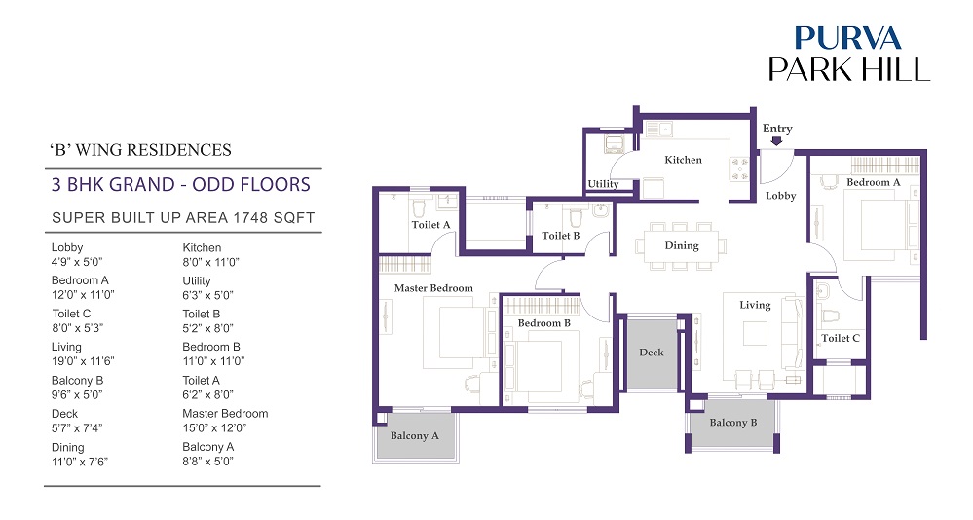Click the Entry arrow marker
[776, 141]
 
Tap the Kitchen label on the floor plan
[683, 160]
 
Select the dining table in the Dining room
[682, 245]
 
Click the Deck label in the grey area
[652, 352]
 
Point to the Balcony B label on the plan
[732, 422]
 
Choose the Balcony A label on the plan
[415, 435]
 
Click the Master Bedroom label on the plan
[433, 288]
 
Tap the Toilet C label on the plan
[841, 338]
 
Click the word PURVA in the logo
[847, 38]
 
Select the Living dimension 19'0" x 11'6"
[83, 361]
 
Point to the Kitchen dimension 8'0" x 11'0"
[210, 263]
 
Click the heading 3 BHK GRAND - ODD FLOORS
[180, 185]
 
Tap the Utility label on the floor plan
[603, 184]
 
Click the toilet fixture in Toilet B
[577, 217]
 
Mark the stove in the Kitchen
[739, 168]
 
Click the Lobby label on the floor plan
[780, 196]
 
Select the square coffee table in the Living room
[755, 333]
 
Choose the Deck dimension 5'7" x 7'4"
[77, 428]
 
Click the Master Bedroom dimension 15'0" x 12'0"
[214, 428]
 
